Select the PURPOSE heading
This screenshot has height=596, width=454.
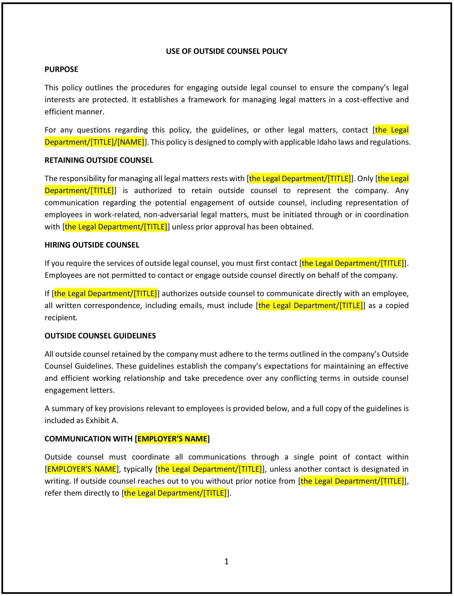[61, 69]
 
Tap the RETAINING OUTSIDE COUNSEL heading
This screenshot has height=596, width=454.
[99, 160]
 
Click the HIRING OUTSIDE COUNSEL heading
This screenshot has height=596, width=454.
[92, 245]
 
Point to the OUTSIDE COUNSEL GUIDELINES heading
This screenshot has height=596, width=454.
[100, 336]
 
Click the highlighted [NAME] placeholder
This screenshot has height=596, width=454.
[131, 142]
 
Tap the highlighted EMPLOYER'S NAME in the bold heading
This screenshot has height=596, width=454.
[172, 439]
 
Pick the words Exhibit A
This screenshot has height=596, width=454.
[102, 421]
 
